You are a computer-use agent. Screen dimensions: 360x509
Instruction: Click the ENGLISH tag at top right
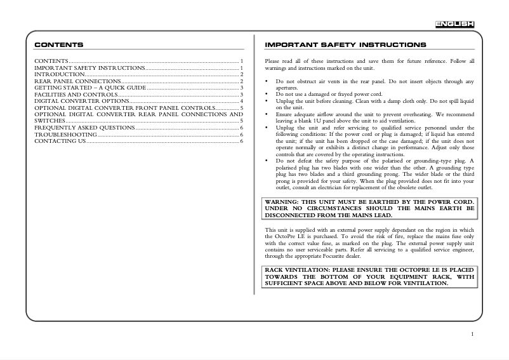[x=454, y=24]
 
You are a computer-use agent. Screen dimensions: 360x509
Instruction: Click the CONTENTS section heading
[x=58, y=45]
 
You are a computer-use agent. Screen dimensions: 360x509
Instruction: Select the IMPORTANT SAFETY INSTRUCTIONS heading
[x=345, y=45]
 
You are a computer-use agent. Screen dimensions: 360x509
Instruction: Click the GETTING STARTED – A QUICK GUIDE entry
[x=90, y=88]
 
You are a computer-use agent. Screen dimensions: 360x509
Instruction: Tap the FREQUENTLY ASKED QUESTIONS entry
[x=84, y=128]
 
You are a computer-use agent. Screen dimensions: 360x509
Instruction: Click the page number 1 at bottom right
[x=473, y=333]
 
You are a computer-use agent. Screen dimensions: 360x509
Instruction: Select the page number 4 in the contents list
[x=242, y=101]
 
